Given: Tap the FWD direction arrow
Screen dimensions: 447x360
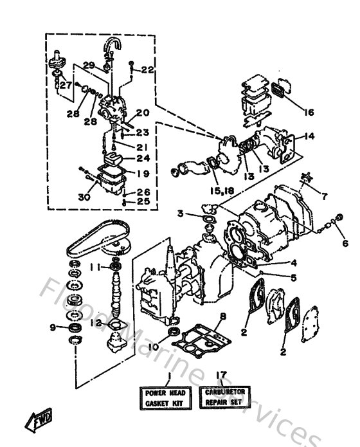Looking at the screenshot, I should [40, 419].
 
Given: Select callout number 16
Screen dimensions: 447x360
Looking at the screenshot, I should [309, 113].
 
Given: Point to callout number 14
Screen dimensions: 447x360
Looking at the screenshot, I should [309, 136].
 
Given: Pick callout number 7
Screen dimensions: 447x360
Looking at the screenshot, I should [325, 195].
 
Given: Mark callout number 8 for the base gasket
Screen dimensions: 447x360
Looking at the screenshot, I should [222, 316].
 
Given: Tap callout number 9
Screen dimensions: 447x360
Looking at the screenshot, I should [53, 327].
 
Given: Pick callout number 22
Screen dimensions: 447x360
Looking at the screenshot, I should [147, 70].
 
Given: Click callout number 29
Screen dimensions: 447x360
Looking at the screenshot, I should [89, 65].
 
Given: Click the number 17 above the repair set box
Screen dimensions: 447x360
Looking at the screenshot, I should [221, 374].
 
